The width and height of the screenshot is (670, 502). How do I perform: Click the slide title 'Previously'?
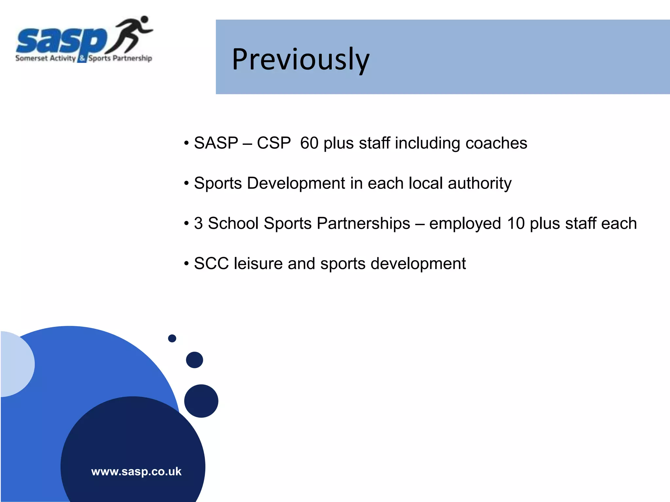point(300,59)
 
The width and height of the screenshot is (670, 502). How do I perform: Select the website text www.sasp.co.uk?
point(136,472)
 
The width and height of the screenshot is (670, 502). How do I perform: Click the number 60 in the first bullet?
point(309,143)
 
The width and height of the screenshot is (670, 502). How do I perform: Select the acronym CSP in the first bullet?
point(273,143)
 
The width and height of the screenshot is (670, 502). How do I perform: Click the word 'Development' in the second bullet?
point(296,183)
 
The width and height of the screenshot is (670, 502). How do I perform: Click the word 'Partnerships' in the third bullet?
point(363,224)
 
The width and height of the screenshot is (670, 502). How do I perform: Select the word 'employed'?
point(465,224)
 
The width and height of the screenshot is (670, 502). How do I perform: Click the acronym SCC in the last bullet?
point(211,263)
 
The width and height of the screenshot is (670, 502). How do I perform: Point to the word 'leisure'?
point(258,263)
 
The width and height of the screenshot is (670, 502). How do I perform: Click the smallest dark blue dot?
point(172,338)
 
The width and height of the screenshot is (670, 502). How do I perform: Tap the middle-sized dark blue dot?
point(194,360)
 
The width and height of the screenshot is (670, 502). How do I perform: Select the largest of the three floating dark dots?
point(201,401)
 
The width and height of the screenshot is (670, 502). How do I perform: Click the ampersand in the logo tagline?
point(82,59)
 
